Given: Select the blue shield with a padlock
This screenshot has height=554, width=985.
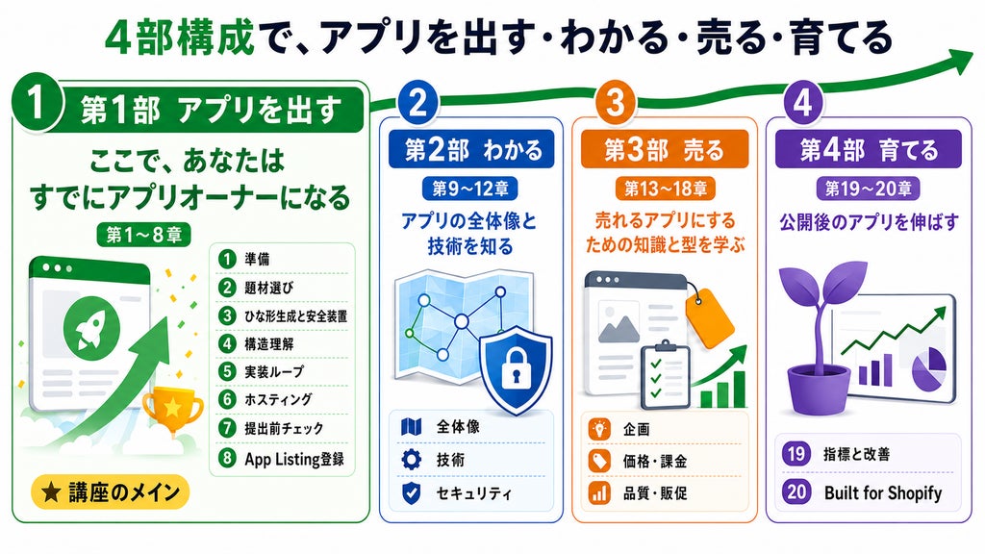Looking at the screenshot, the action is coord(516,369).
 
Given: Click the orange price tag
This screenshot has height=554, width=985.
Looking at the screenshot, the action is coord(710,317).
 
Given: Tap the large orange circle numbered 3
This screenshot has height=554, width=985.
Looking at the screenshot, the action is coord(615,101).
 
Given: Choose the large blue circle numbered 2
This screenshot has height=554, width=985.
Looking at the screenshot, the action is coord(417,102).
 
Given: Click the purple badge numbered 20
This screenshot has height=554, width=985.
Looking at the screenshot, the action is coord(796,491).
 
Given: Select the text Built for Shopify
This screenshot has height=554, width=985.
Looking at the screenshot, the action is coord(883,492).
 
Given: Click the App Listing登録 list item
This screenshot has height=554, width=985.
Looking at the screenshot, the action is coord(281,458).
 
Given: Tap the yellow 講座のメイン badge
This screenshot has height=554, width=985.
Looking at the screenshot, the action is coord(110,492).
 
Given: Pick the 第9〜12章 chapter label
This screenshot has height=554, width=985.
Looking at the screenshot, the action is coord(469,188).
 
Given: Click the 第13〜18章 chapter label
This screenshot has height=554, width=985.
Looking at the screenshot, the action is coord(666,188).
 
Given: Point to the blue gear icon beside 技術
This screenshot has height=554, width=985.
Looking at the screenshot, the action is coord(411,459).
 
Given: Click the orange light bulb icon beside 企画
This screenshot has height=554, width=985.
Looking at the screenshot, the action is coord(599,429).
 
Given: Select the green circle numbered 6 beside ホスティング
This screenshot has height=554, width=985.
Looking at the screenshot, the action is coord(227,399).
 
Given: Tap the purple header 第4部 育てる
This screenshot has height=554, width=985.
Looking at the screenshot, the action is coord(869,149).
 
